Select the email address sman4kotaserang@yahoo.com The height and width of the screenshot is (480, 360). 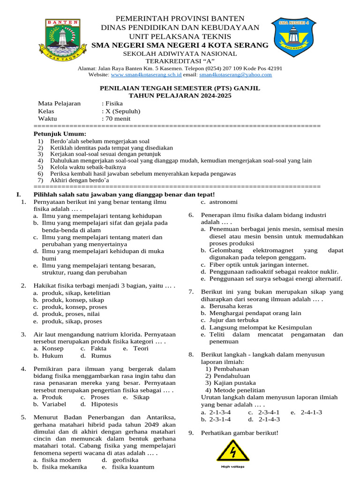tap(235, 75)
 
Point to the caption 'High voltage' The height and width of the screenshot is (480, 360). tap(232, 466)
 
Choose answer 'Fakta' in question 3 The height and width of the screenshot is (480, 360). tap(98, 348)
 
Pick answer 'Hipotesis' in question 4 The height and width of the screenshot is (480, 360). tap(105, 404)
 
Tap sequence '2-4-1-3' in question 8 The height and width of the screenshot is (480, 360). tap(311, 412)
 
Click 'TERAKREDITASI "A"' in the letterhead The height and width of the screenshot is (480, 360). tap(180, 61)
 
